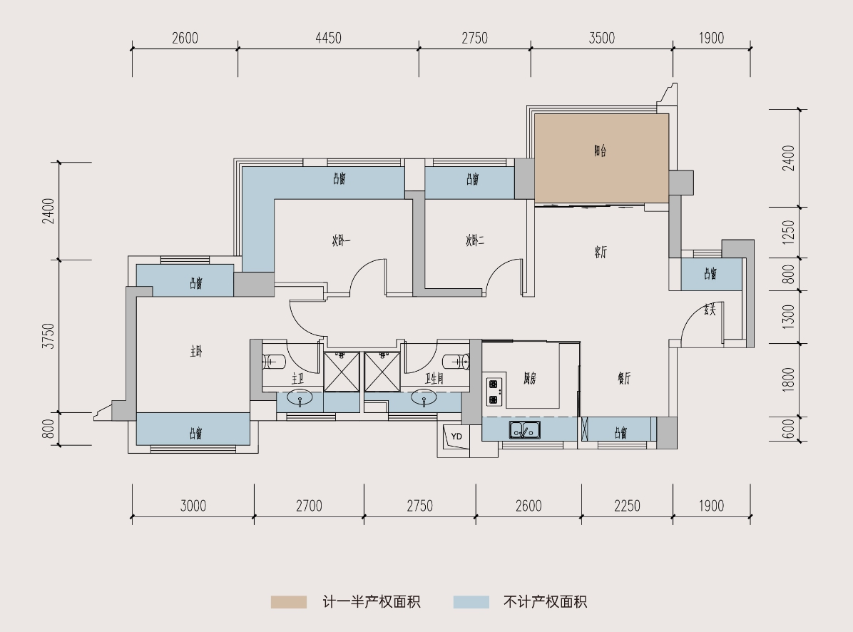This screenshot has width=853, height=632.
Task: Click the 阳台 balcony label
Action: coord(600,151)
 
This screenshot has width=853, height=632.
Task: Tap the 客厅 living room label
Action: coord(600,252)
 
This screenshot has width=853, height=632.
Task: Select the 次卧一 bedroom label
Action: coord(340,241)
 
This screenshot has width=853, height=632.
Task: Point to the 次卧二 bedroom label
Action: coord(475,241)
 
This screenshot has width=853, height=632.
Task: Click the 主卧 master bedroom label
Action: coord(196,351)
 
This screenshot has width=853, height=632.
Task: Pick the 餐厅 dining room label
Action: coord(623,379)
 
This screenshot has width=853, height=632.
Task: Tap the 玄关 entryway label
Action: coord(709,310)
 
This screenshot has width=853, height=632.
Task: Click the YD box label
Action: coord(456,437)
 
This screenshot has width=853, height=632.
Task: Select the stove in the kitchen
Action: coord(493,388)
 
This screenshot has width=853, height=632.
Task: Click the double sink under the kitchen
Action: coord(524,430)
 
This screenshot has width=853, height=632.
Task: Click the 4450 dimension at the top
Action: coord(328,39)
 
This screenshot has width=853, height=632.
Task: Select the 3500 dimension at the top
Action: coord(601,39)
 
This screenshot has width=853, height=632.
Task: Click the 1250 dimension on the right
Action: coord(788,233)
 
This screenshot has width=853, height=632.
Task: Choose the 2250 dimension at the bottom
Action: coord(627,506)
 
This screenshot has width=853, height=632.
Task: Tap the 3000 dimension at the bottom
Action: coord(193,506)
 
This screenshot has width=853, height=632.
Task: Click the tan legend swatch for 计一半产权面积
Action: coord(288,602)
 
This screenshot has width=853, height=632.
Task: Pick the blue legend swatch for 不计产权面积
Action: coord(471,602)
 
